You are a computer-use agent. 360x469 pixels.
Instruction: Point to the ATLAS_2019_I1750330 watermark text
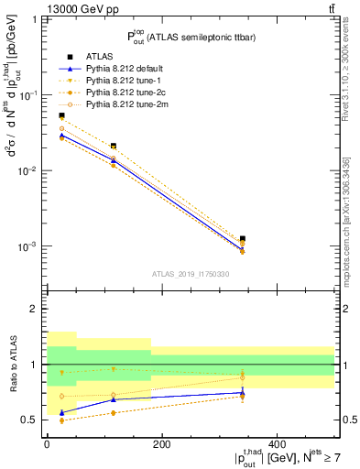tap(190, 274)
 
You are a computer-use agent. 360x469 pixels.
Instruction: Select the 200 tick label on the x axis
tap(162, 444)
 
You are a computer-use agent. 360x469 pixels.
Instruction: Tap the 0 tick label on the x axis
tap(47, 444)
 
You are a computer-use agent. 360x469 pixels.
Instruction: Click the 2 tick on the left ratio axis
tap(34, 310)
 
